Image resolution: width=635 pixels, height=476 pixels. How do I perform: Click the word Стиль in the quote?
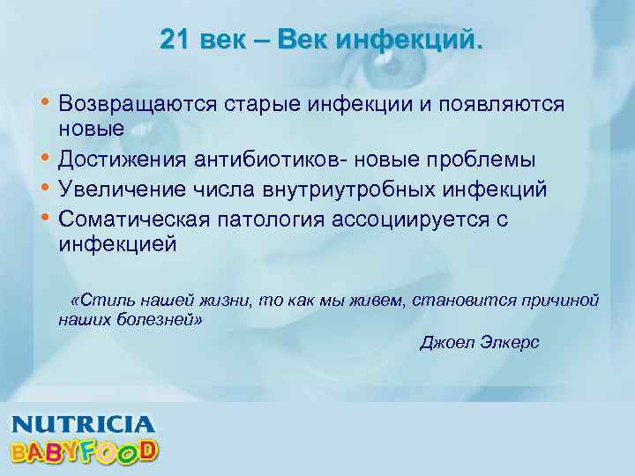point(99,301)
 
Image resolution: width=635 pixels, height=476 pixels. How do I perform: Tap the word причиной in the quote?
point(563,301)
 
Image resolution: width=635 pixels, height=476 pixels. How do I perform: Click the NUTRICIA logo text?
point(82,423)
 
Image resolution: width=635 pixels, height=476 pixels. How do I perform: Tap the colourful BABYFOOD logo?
point(84,450)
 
